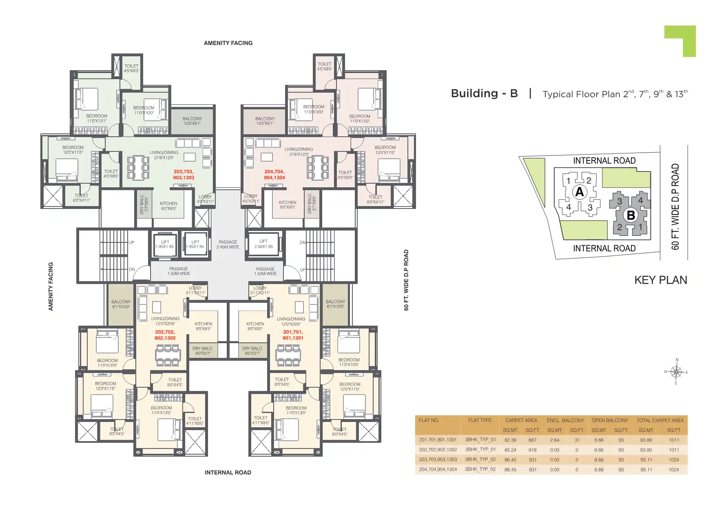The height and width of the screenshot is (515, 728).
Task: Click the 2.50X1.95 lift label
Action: coord(263,244)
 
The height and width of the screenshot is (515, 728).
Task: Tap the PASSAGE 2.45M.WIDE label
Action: coord(228,244)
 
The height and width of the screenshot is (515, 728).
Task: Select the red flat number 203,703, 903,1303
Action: coord(184,175)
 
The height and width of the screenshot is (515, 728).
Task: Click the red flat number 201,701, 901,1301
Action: coord(293,335)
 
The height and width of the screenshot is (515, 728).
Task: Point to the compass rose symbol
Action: coord(676,372)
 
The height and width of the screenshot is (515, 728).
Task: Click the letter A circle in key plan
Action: coord(580,192)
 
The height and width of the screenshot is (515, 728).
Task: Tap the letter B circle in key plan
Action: coord(631,215)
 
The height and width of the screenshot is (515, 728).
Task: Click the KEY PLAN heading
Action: coord(660,280)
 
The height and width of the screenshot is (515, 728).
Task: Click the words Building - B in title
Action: coord(484,93)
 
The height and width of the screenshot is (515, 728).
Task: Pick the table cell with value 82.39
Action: coord(510,440)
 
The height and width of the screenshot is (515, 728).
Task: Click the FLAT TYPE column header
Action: coord(480,420)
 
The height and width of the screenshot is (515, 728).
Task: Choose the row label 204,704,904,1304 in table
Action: coord(438,469)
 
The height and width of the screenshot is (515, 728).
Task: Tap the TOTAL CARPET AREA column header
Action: coord(660,420)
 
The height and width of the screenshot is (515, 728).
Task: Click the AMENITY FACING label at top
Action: coord(228,43)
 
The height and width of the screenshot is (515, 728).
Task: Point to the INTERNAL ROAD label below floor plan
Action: coord(228,473)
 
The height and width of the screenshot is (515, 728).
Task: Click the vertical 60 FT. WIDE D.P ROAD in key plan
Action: coord(675,206)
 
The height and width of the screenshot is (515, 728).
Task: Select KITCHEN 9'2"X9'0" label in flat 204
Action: coord(288,205)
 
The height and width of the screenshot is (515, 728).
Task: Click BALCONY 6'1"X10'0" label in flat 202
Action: coord(121,304)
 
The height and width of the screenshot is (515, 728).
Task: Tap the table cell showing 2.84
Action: coord(554,440)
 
